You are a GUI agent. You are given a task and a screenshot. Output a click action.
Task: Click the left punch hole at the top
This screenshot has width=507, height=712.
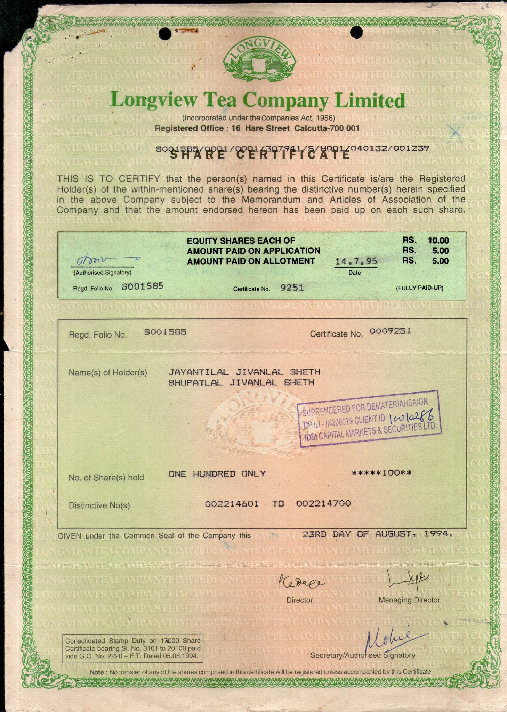click(165, 33)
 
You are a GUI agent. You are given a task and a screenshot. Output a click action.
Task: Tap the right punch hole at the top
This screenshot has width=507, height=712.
click(356, 32)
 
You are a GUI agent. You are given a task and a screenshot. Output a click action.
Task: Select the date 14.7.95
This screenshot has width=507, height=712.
click(356, 261)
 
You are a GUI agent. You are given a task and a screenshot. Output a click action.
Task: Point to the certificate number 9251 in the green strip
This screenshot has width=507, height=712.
click(292, 288)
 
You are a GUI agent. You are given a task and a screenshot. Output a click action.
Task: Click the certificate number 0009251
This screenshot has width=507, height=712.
click(390, 331)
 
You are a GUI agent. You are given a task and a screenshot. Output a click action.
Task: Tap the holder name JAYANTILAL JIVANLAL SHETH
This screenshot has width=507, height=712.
click(244, 372)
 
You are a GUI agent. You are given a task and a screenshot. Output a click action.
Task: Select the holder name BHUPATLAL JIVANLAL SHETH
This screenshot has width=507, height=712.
click(241, 383)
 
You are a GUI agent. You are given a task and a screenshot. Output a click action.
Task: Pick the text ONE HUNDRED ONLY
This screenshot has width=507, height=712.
click(217, 474)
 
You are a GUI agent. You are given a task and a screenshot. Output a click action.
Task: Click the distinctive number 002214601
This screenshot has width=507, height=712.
click(232, 504)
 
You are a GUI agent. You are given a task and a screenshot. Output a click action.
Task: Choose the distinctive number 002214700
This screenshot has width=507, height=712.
click(323, 504)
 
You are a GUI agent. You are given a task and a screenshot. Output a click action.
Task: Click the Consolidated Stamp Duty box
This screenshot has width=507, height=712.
click(132, 648)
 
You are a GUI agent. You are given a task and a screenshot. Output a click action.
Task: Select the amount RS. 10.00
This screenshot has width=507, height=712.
click(426, 240)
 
